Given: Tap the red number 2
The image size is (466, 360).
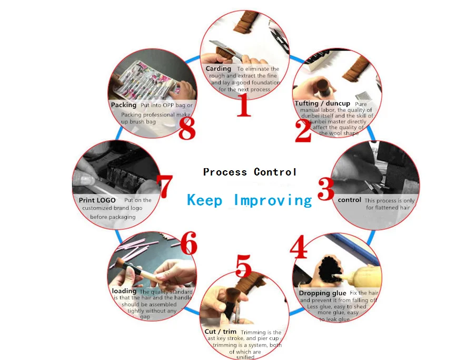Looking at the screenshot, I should point(303,131).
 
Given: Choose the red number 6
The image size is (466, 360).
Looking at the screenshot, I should point(188,244).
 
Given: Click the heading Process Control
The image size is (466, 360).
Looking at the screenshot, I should point(250,172).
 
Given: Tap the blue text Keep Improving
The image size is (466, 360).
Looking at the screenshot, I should point(250,200).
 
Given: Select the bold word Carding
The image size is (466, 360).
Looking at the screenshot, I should point(219,69).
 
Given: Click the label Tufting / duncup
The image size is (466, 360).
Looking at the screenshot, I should point(322,103).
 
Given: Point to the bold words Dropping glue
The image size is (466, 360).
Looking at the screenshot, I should point(322,293).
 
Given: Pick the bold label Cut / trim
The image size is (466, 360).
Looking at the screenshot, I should point(221,332).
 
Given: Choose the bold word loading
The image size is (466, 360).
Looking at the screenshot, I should point(124,291).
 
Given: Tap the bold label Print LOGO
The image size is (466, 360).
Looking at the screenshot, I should point(97,200).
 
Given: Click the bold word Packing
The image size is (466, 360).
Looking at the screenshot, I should point(124,105).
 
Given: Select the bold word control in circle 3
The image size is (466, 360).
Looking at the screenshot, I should point(349,200).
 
